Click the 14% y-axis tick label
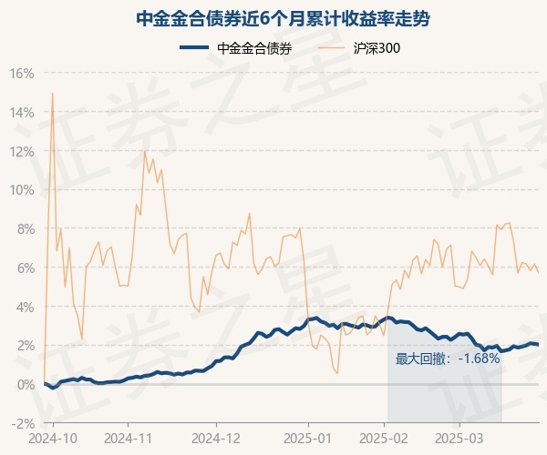(x=22, y=113)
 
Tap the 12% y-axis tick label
(x=22, y=151)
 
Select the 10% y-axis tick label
(x=22, y=190)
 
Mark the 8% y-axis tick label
(x=25, y=229)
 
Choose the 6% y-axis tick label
(x=25, y=268)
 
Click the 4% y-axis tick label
(x=25, y=307)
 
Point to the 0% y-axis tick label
(x=25, y=384)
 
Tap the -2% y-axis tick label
(x=23, y=423)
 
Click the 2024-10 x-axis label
(x=54, y=437)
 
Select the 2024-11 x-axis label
(x=129, y=437)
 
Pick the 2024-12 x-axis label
(x=217, y=437)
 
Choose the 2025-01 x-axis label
(x=308, y=437)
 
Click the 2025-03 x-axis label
(x=460, y=437)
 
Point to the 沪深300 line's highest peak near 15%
(x=52, y=93)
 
